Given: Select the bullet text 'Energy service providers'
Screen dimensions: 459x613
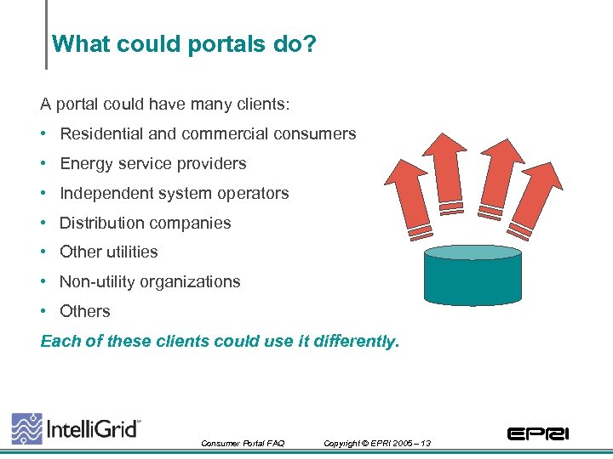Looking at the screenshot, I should pyautogui.click(x=153, y=164).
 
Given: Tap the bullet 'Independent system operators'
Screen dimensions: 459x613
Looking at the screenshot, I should pyautogui.click(x=175, y=194).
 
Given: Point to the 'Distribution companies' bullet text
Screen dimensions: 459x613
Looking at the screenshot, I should pyautogui.click(x=146, y=224).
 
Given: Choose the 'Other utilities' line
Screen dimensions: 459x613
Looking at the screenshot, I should pyautogui.click(x=109, y=252).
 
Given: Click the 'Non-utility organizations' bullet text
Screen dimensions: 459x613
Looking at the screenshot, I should pyautogui.click(x=151, y=282).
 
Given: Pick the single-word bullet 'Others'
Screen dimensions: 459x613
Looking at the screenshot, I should pyautogui.click(x=85, y=312).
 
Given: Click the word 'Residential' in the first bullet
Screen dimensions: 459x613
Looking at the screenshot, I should pyautogui.click(x=100, y=134).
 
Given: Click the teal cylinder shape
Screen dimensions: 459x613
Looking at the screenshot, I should pyautogui.click(x=473, y=276).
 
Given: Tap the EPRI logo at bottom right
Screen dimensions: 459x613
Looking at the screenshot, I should pyautogui.click(x=537, y=434).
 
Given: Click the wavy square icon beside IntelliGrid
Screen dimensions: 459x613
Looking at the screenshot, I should pyautogui.click(x=26, y=428).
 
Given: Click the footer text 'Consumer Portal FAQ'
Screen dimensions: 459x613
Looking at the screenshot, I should pyautogui.click(x=243, y=444).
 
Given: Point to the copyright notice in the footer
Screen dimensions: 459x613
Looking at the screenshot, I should pyautogui.click(x=377, y=444).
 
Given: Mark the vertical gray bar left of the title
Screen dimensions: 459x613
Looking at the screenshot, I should pyautogui.click(x=46, y=34).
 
